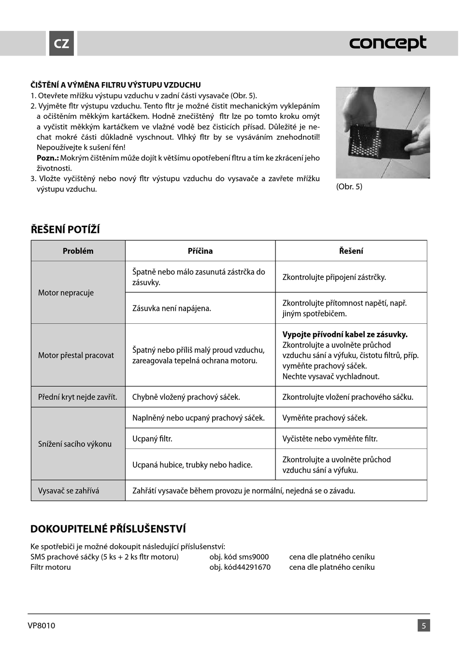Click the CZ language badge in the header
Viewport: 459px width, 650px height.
61,43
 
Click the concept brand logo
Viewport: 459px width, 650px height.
387,43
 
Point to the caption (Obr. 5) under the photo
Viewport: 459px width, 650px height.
349,187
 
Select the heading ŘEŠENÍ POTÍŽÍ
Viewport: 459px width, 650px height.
65,230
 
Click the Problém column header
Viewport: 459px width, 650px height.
78,251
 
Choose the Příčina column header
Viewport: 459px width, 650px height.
200,251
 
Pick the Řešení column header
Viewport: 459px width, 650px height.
351,251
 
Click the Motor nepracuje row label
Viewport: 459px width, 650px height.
66,292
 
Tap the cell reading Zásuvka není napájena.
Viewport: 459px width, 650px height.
172,308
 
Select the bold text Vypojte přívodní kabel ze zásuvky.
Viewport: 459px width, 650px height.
345,334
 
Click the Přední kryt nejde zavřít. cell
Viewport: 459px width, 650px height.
77,397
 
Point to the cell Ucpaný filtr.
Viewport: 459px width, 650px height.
152,439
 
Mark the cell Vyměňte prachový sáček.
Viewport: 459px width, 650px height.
325,418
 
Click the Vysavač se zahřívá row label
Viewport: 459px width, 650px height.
69,491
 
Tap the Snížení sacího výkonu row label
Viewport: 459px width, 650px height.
75,444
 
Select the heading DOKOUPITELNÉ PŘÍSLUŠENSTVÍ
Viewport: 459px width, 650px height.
108,529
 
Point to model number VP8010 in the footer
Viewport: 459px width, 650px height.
42,625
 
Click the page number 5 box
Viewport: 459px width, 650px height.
424,625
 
